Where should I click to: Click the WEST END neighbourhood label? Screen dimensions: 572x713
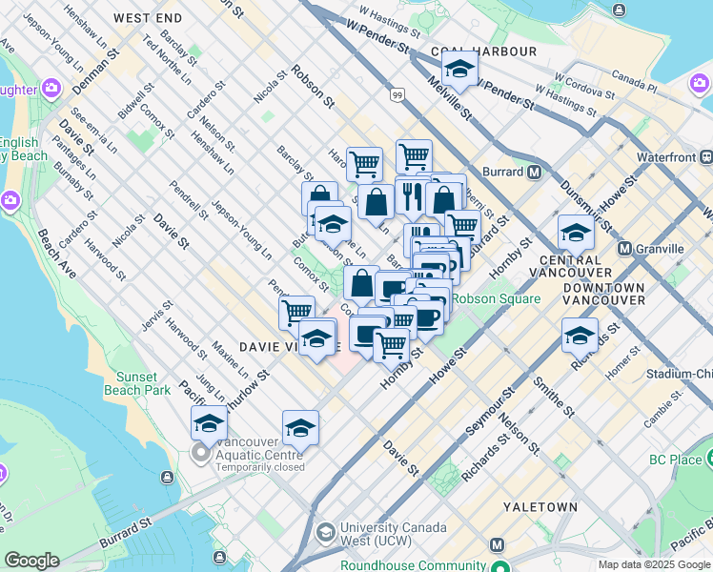point(148,18)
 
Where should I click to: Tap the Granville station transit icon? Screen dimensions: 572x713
point(625,249)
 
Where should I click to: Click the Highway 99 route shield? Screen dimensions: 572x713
point(396,94)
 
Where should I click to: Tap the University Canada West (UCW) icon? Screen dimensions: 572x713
point(325,531)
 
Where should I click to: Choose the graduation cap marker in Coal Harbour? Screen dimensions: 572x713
point(459,70)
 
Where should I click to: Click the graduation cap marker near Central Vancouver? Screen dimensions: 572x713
point(576,233)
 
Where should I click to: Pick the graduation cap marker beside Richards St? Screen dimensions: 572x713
point(580,335)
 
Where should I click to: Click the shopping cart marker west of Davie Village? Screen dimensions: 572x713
point(296,311)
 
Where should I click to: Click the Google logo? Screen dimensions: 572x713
point(31,561)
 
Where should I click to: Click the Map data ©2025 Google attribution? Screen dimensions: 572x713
point(654,564)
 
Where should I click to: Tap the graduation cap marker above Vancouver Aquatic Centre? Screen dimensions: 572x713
point(209,422)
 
